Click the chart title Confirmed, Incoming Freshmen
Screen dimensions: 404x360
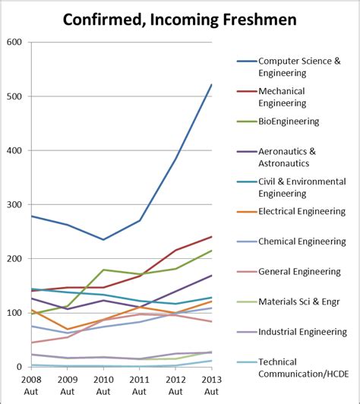(179, 17)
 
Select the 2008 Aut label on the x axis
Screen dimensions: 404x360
(31, 386)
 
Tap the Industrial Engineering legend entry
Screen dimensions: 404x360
(303, 332)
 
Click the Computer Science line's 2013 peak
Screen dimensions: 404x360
(210, 85)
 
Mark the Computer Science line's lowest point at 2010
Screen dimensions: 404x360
(103, 240)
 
